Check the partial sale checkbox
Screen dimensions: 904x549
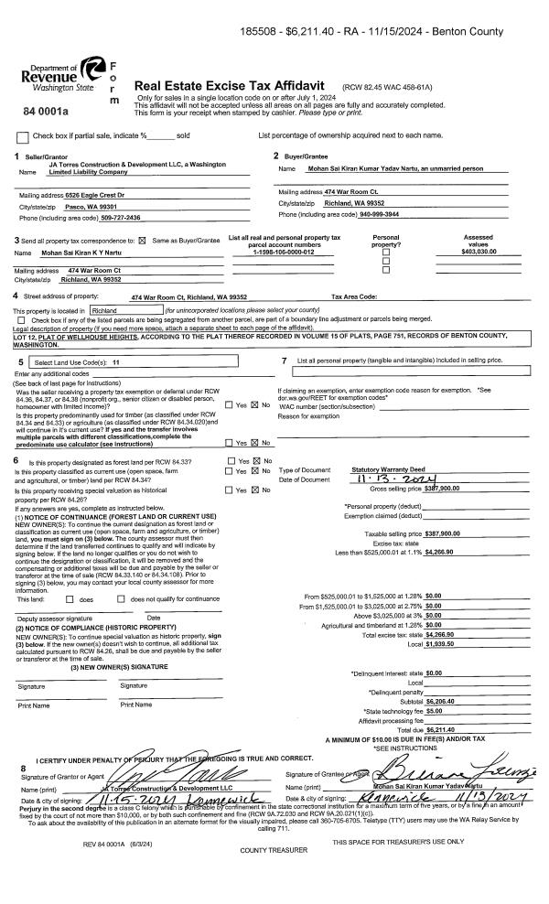(23, 136)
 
